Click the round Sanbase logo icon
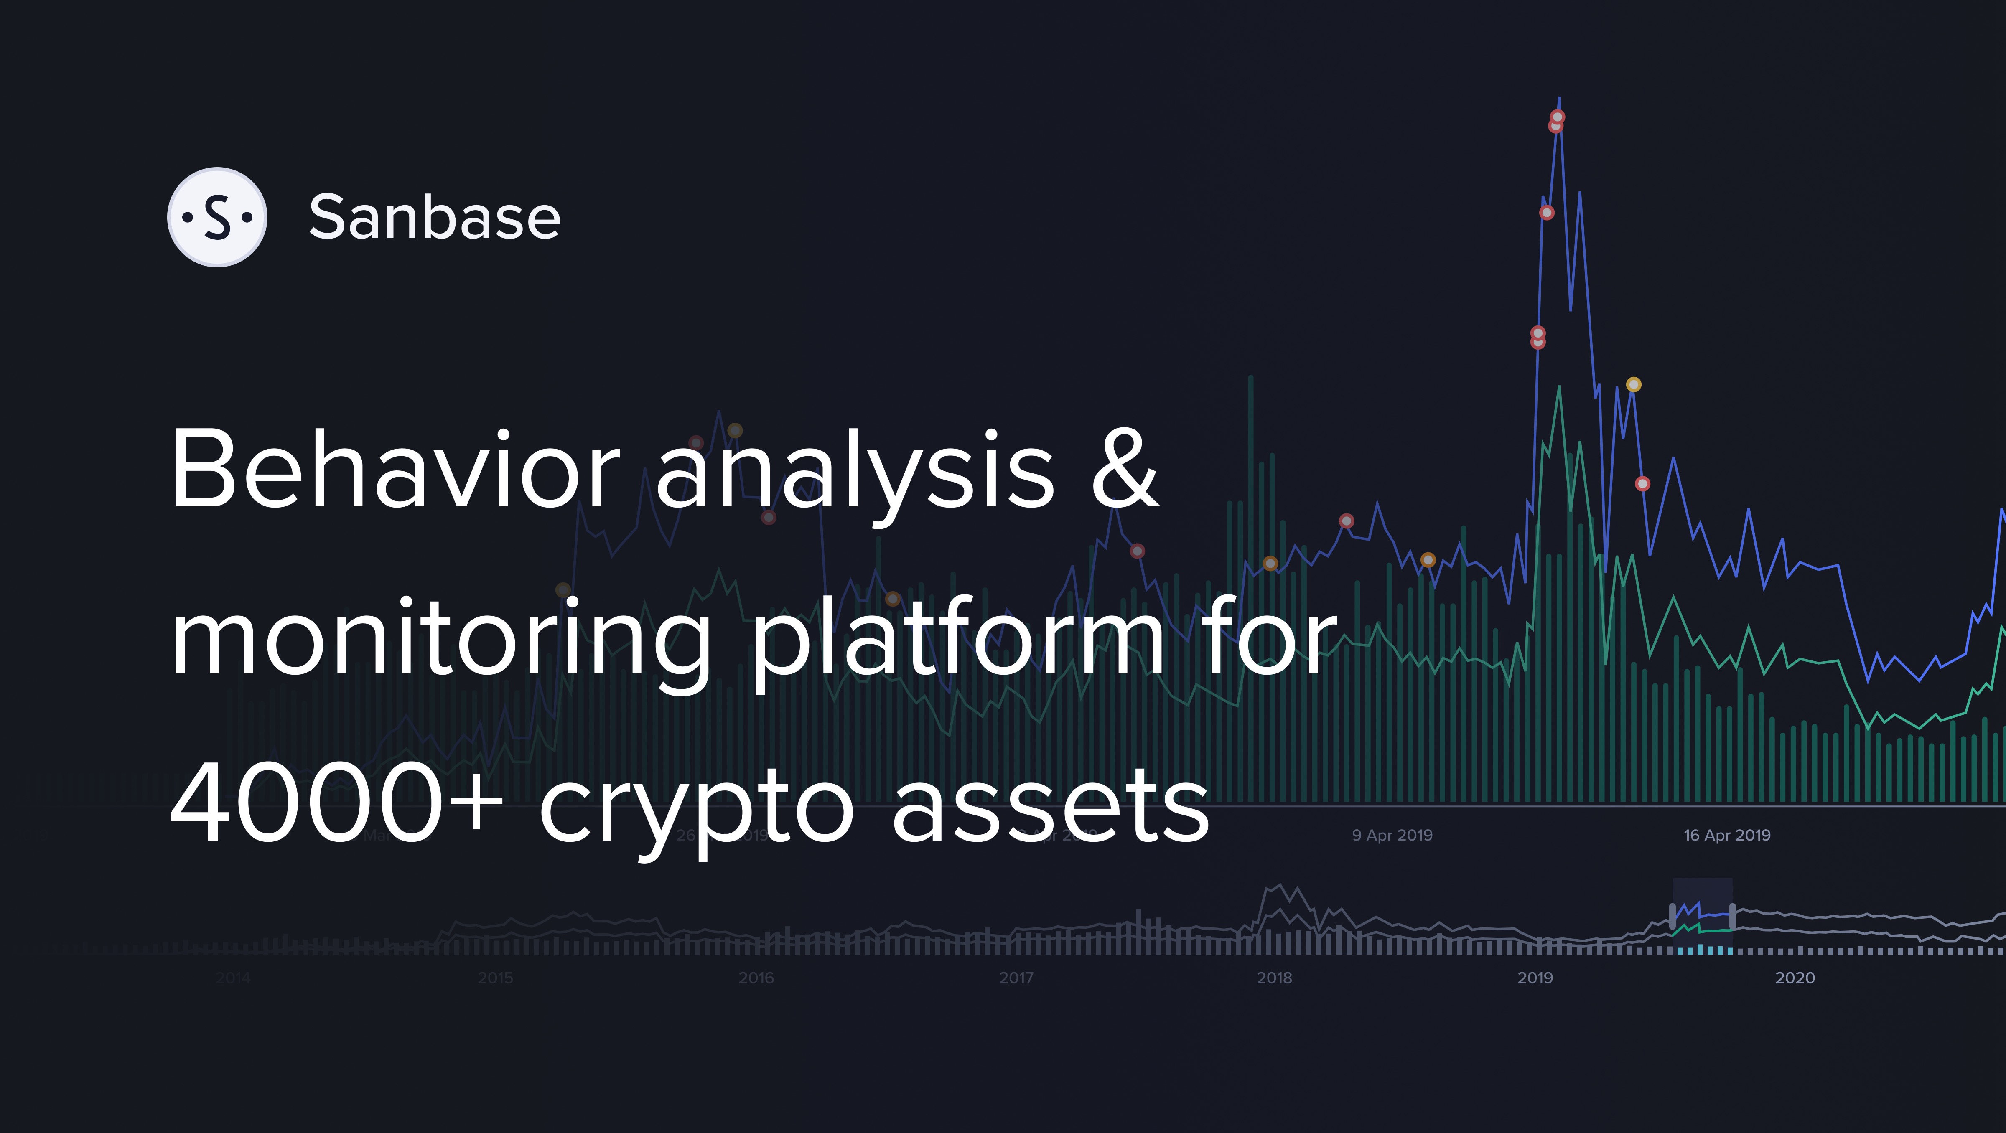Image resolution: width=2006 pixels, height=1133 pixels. pyautogui.click(x=217, y=217)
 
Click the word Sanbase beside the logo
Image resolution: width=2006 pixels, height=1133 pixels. pyautogui.click(x=435, y=217)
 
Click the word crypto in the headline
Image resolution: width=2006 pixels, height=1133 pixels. pyautogui.click(x=697, y=810)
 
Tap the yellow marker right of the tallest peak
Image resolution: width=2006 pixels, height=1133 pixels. pyautogui.click(x=1634, y=385)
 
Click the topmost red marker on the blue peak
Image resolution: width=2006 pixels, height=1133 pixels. pyautogui.click(x=1558, y=117)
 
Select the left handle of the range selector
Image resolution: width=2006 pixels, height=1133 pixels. pyautogui.click(x=1673, y=916)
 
